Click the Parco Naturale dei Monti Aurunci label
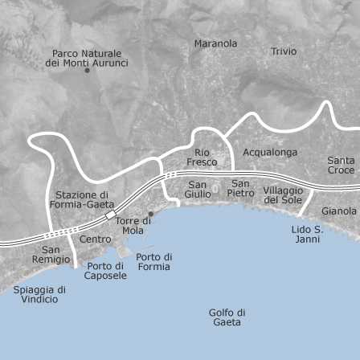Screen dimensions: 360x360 point(87,58)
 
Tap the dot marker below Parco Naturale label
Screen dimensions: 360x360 point(87,71)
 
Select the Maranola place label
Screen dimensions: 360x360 point(215,43)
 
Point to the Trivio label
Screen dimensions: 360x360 point(283,51)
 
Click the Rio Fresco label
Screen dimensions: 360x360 point(202,157)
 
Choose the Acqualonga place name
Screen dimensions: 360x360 point(270,152)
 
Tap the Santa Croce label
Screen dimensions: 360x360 point(341,165)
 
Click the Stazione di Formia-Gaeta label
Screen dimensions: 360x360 point(82,199)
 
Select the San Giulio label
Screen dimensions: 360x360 point(198,189)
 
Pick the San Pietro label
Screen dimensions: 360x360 point(240,188)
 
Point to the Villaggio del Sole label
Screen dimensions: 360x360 point(283,194)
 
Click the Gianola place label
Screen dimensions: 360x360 point(339,211)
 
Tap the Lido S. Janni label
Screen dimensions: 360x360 point(307,234)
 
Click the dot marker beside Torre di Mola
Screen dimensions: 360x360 point(150,214)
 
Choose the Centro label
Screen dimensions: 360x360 point(96,239)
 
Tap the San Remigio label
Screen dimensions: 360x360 point(51,255)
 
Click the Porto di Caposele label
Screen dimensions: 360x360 point(105,270)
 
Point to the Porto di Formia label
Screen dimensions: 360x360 point(154,262)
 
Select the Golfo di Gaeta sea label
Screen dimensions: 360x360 point(227,317)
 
